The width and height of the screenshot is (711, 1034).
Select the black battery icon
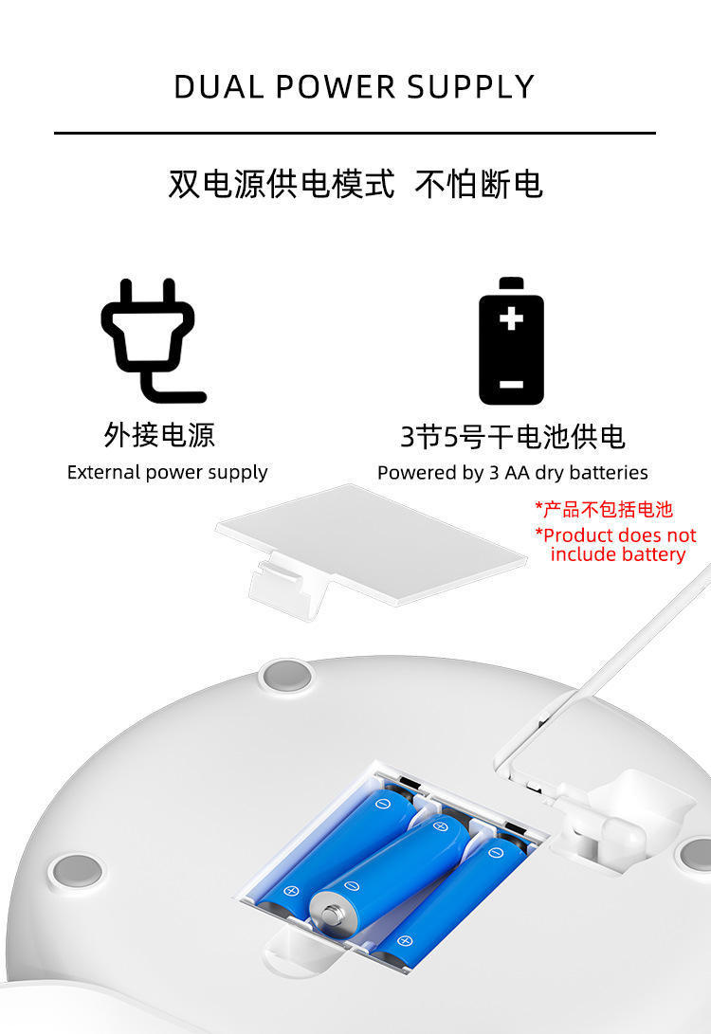pyautogui.click(x=511, y=341)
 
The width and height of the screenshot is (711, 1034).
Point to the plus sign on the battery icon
pyautogui.click(x=511, y=317)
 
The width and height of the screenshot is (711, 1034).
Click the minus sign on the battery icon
pyautogui.click(x=511, y=384)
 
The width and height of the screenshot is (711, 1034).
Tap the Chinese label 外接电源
pyautogui.click(x=159, y=435)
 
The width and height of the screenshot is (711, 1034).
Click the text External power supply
pyautogui.click(x=167, y=472)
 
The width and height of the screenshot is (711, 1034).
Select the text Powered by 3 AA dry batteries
pyautogui.click(x=512, y=472)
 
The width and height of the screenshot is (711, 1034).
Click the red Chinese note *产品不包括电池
pyautogui.click(x=604, y=509)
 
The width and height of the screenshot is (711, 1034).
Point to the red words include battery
pyautogui.click(x=617, y=554)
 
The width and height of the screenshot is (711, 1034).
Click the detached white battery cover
pyautogui.click(x=370, y=540)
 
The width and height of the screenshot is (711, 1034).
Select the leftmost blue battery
pyautogui.click(x=332, y=844)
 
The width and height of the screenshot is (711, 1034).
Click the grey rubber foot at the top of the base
pyautogui.click(x=286, y=675)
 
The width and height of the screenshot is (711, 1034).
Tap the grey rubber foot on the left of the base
pyautogui.click(x=76, y=868)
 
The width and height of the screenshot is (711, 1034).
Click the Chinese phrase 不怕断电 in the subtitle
pyautogui.click(x=479, y=184)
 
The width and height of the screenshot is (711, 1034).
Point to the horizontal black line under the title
pyautogui.click(x=355, y=133)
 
